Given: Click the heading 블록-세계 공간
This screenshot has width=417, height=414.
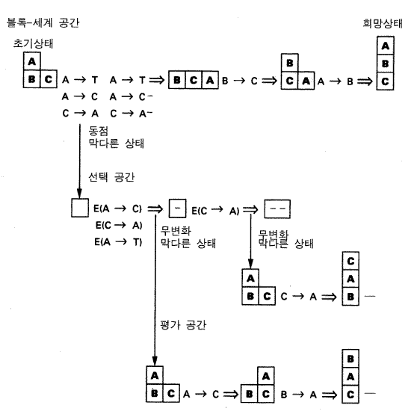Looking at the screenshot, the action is pos(43,23).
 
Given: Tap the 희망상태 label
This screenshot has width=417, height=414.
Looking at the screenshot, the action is pos(383,24).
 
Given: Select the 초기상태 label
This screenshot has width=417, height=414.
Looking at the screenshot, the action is pos(33,43).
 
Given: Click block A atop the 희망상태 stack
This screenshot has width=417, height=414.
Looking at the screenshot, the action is pos(386,46).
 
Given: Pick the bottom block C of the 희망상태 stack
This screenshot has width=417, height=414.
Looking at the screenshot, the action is pos(386,81).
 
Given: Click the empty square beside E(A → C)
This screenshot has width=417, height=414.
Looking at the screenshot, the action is pos(80,208).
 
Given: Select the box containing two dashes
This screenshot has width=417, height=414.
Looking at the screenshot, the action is pos(277,209).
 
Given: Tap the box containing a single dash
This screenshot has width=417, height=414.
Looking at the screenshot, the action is pos(177,208).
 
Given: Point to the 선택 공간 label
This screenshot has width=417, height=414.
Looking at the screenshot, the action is pos(111,177).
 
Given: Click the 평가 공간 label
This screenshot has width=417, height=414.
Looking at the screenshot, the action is pos(183,325).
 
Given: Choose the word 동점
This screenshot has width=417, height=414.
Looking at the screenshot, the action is pos(99,131).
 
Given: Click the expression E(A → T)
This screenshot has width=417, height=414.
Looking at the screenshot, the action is pos(118,242).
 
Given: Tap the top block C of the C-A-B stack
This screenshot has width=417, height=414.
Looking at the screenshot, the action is pos(350,261).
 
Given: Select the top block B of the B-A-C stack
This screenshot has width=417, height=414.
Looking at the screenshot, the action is pos(350,359).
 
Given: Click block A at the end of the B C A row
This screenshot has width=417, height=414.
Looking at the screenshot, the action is pos(210,80).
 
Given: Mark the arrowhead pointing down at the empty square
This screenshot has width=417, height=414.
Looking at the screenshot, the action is pos(79,194).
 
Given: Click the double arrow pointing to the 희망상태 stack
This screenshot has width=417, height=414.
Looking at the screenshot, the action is pos(365,81).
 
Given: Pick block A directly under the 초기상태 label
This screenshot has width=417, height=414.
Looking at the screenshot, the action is pos(32,61).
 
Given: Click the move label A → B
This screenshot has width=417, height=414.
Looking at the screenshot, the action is pos(336,81).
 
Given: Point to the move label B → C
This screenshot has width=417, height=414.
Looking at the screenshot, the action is pos(240,81).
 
